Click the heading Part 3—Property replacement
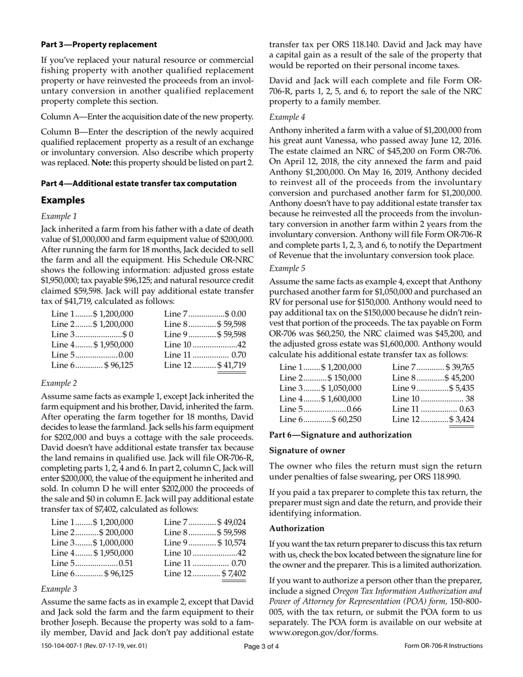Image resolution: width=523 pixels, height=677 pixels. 99,45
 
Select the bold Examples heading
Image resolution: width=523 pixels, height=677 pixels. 63,200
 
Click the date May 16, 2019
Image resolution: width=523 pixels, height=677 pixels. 363,183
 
